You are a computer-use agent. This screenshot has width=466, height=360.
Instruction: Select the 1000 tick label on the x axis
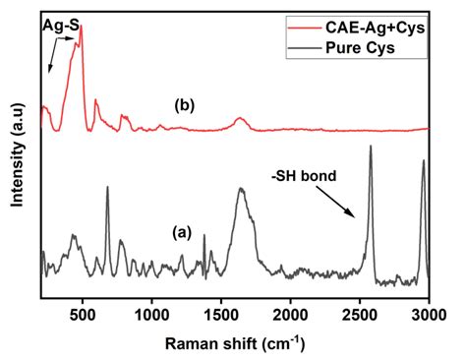coord(151,314)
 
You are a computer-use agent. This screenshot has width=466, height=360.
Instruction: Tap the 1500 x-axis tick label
coord(221,314)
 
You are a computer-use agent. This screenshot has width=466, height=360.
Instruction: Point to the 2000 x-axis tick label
coord(290,314)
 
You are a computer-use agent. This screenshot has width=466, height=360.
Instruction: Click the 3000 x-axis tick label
coord(428,314)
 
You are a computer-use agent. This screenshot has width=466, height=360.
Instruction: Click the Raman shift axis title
coord(234,343)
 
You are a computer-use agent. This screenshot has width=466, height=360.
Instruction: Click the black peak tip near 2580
coord(371,147)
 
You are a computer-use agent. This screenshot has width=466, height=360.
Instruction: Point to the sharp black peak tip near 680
coord(107,186)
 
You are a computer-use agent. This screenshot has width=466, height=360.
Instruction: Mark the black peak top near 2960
coord(424,160)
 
